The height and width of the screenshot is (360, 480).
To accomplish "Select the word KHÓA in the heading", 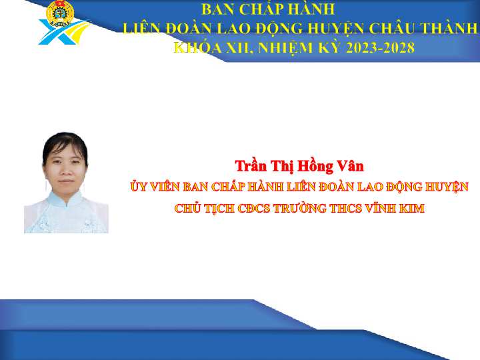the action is pos(198,47).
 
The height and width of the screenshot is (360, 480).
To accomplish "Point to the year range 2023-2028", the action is pos(380,48).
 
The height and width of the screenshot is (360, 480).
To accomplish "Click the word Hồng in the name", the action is pos(315,166).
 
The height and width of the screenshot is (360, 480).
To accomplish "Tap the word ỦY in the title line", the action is pos(139,186).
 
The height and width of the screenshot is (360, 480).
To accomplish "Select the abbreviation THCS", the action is pos(345,209).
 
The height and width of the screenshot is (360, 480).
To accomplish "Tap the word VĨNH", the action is pos(379,208).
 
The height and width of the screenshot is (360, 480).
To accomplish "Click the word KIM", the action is pos(411,209).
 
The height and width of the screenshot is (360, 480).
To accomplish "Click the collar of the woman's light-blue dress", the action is pos(64,199).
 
